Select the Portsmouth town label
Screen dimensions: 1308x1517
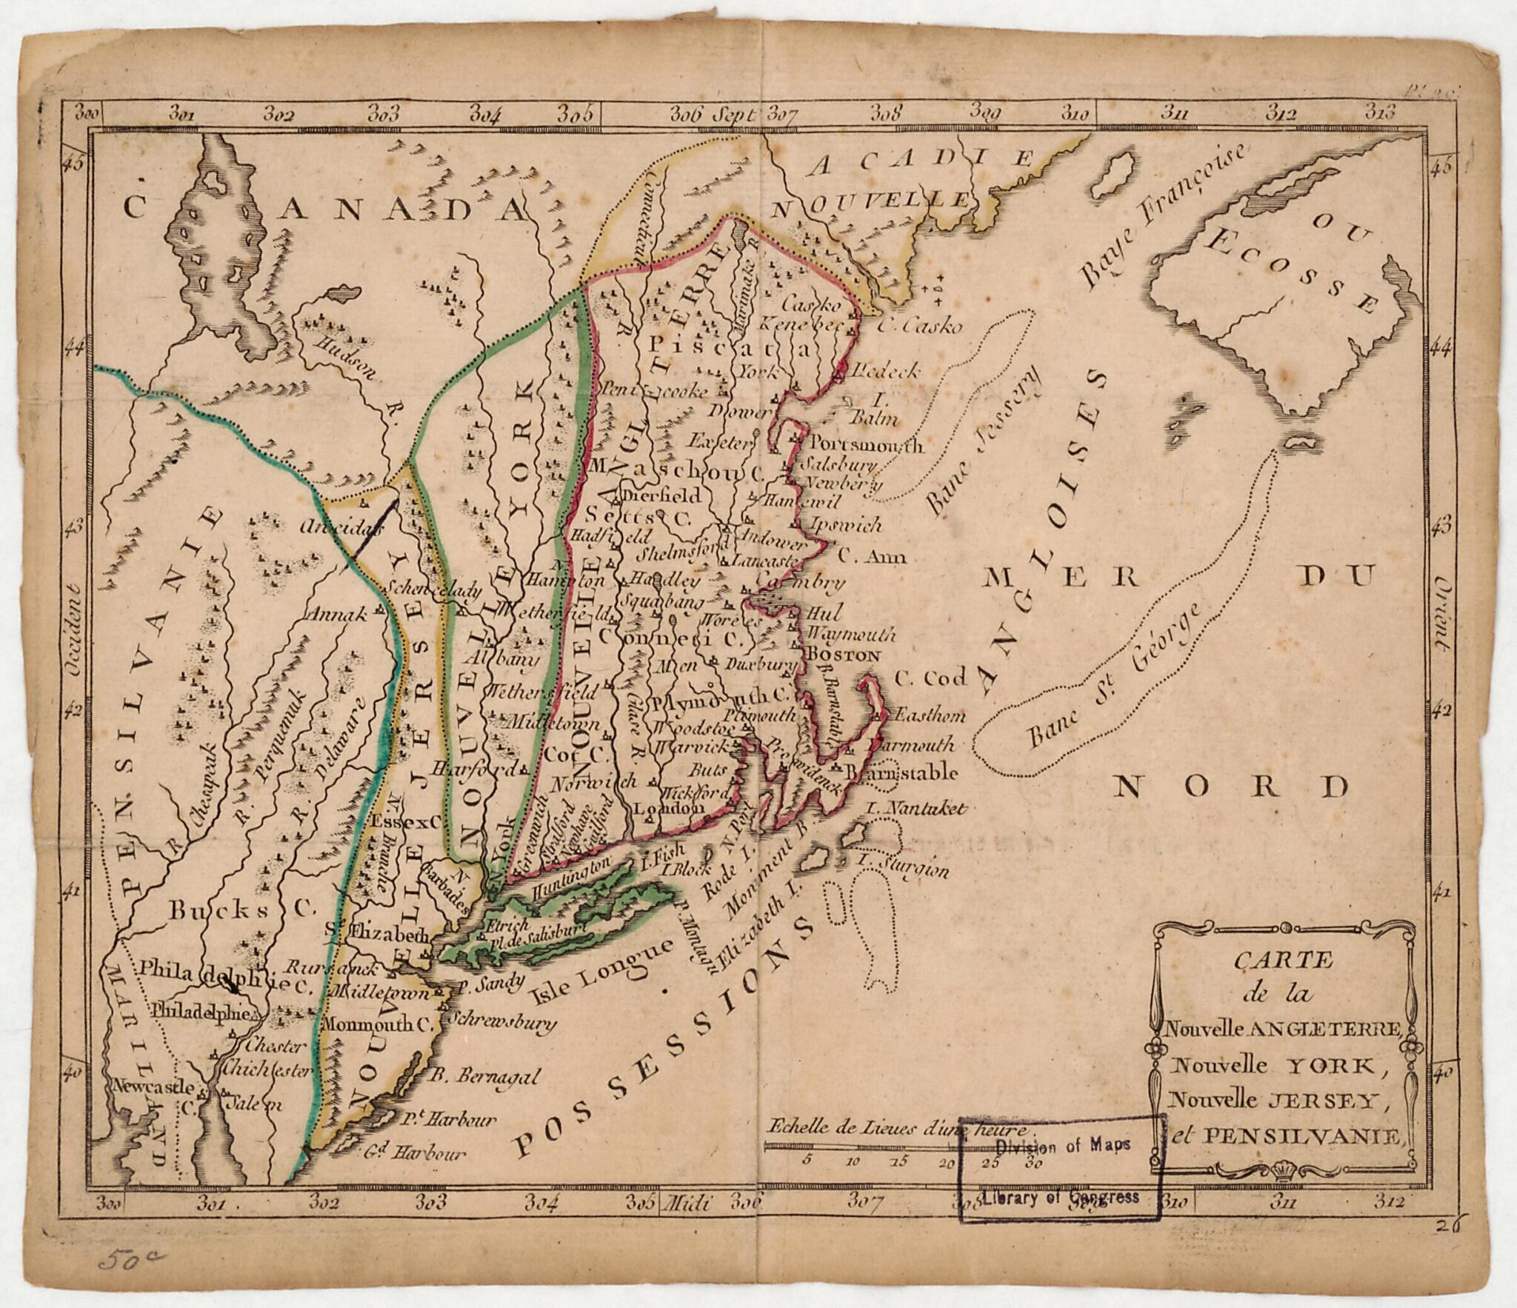[865, 446]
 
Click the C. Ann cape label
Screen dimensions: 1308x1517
[872, 555]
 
